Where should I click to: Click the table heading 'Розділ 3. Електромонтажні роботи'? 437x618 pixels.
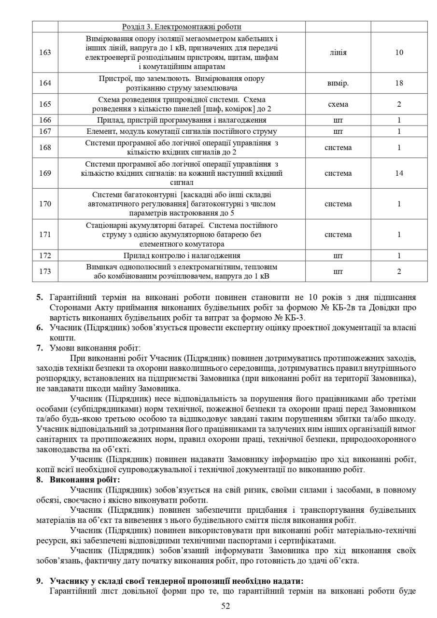click(x=182, y=27)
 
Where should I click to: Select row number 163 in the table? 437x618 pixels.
click(x=45, y=53)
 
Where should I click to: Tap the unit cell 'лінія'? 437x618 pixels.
click(x=338, y=53)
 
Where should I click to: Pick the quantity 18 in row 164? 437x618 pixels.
click(x=399, y=83)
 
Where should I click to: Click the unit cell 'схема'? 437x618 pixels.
click(x=338, y=104)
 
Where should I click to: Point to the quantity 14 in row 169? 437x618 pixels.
click(x=399, y=173)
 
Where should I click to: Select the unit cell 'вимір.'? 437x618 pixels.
click(x=338, y=83)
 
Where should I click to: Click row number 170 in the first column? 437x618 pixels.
click(x=45, y=204)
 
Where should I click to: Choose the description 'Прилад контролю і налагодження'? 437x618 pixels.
click(x=182, y=256)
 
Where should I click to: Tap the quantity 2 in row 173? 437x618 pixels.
click(x=399, y=272)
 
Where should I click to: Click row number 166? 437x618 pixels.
click(x=45, y=120)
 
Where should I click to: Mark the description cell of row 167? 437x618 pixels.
click(x=182, y=131)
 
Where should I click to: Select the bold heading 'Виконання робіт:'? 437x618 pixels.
click(x=85, y=480)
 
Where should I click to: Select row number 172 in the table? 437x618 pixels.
click(x=45, y=256)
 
